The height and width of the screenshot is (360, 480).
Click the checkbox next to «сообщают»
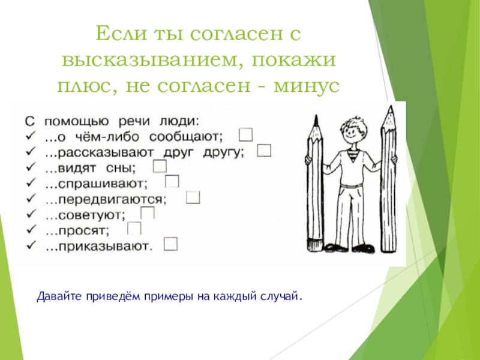[245, 133]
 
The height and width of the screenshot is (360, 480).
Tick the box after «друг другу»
[265, 150]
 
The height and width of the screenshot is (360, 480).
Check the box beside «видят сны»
[160, 166]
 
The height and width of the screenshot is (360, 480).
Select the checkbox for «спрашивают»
[172, 181]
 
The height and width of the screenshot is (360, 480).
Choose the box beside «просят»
[134, 229]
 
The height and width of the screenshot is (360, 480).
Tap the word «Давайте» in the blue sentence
[56, 296]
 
